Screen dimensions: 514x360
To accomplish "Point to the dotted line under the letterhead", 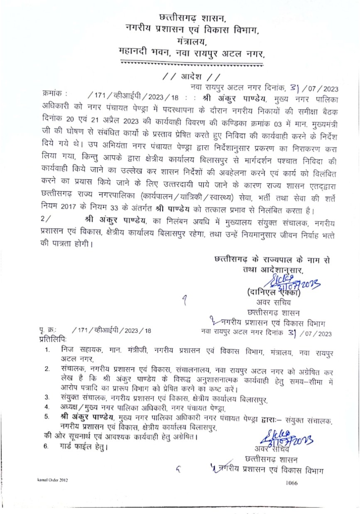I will (x=191, y=64).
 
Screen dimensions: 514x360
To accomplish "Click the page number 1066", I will (x=291, y=483).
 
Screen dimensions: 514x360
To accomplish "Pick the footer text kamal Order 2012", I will (x=52, y=480).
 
